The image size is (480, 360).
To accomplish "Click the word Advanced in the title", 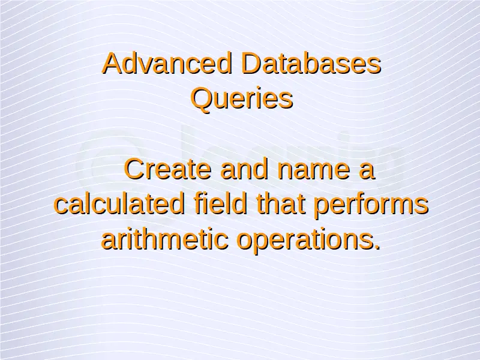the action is point(167,63).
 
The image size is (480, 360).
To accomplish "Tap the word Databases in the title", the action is point(311,63).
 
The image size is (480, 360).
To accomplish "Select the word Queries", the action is point(242,98).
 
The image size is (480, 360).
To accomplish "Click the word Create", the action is point(168,169).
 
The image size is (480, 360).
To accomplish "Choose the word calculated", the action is point(119,204).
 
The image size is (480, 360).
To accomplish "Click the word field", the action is point(220,204).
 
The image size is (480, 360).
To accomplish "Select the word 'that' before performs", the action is point(281,204).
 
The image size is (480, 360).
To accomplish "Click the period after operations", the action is point(377,247).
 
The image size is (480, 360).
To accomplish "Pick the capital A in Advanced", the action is point(112,63).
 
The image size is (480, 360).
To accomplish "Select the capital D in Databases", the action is point(251,63).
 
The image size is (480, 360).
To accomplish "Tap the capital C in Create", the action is point(134,169).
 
